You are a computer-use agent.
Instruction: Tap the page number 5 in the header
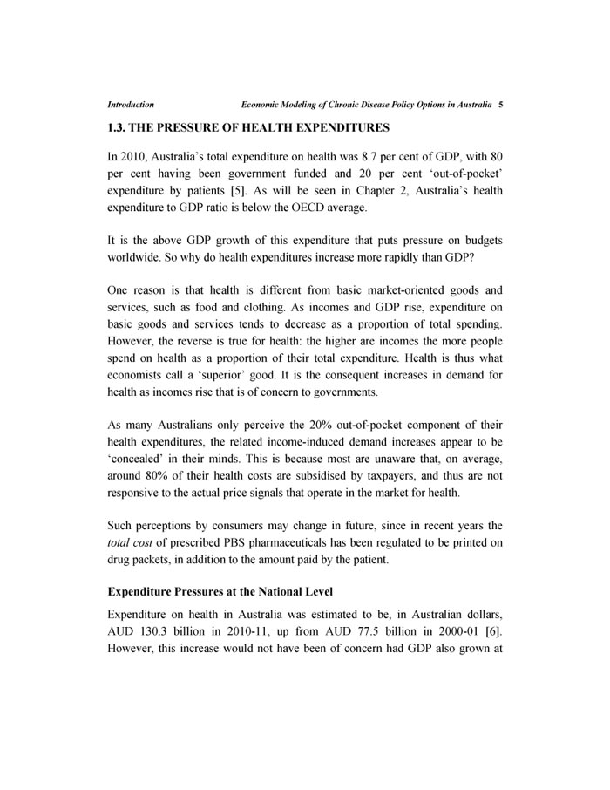tap(501, 104)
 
